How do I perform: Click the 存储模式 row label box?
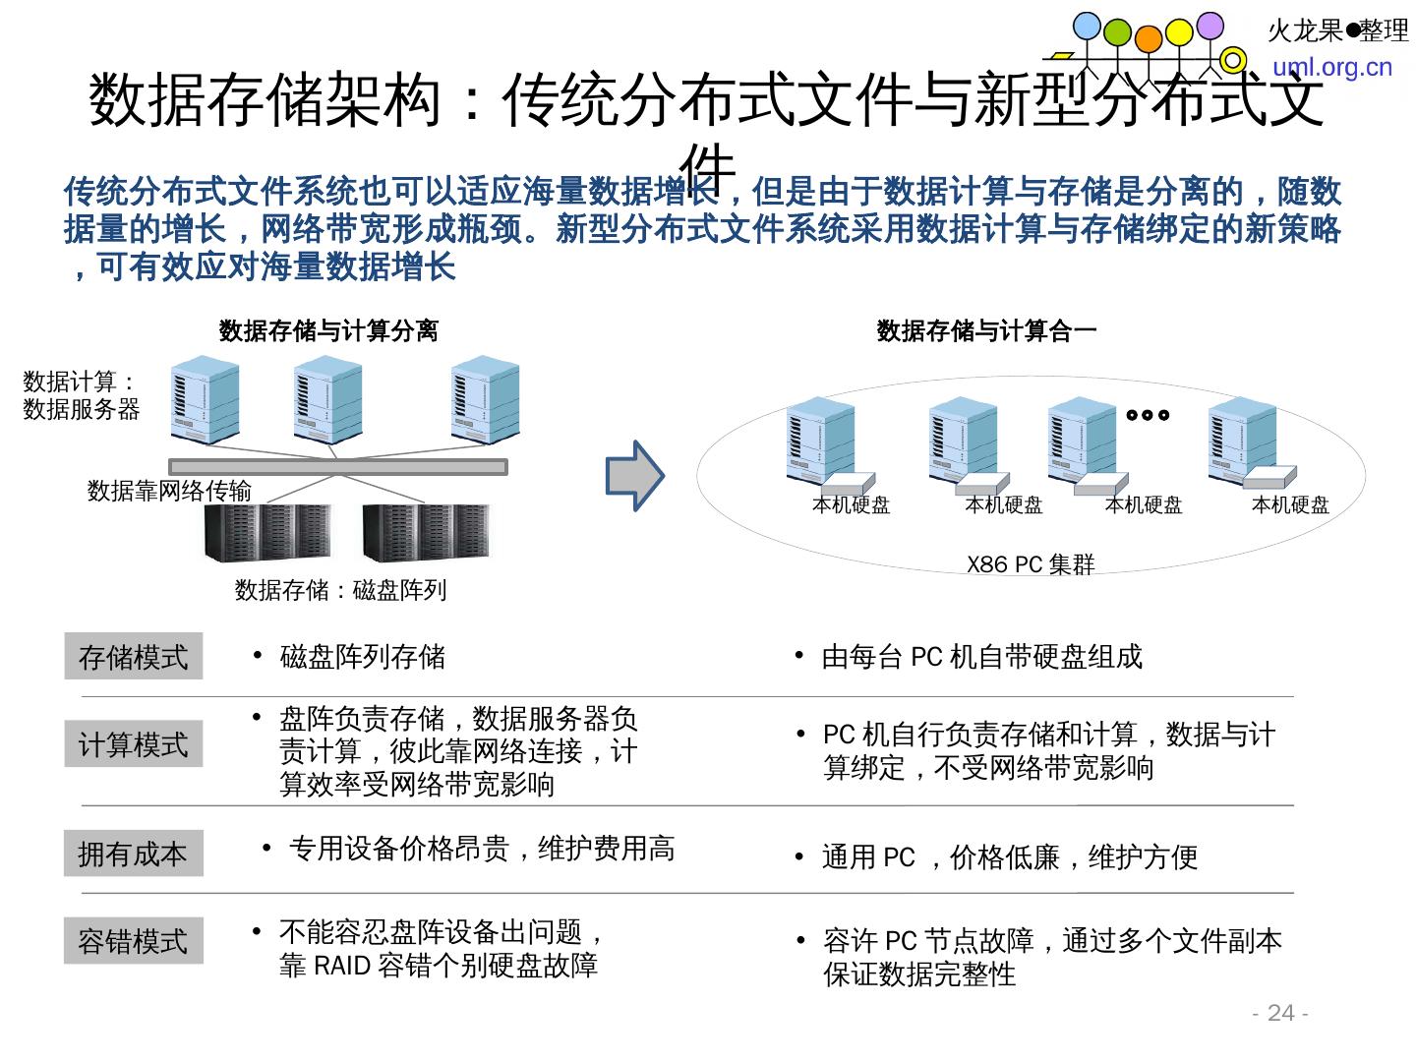tap(133, 656)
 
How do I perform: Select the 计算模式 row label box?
tap(133, 743)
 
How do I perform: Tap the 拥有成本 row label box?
tap(133, 853)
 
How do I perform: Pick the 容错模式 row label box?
tap(133, 940)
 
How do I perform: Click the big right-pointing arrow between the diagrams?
tap(634, 476)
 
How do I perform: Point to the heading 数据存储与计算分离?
tap(328, 331)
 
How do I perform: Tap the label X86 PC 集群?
tap(1030, 564)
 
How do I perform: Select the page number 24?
tap(1280, 1013)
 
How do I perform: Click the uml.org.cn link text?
tap(1332, 67)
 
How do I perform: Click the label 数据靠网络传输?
tap(169, 491)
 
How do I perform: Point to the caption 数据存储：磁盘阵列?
tap(340, 590)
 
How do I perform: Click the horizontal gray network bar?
tap(338, 466)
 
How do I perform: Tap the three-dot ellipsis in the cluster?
tap(1148, 415)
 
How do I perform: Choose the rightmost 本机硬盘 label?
tap(1290, 505)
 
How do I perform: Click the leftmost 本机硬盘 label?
tap(851, 505)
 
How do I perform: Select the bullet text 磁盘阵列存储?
tap(362, 656)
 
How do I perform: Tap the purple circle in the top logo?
tap(1209, 25)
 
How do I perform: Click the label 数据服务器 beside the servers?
tap(82, 409)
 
